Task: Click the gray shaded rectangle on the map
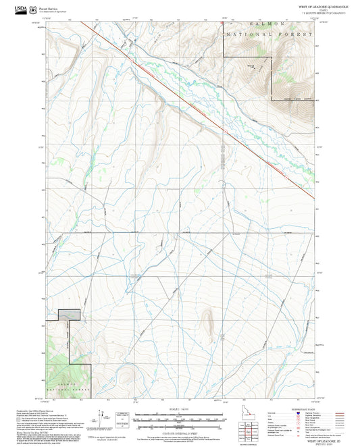68,314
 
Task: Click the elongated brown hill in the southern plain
209,323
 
